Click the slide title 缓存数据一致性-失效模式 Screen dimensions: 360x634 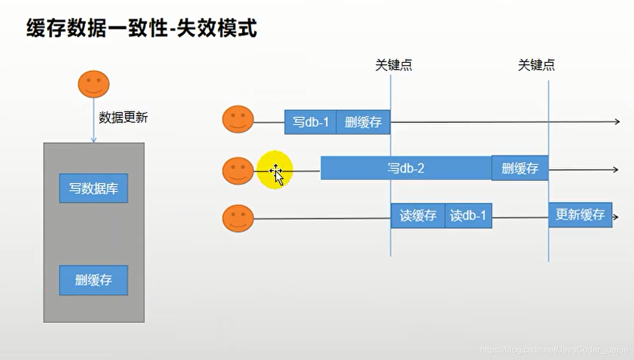pos(141,29)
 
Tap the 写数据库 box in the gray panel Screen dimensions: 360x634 pos(94,188)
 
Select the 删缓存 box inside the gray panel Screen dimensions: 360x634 pos(94,280)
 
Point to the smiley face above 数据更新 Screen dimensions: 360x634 pos(94,84)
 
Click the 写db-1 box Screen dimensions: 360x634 pos(310,122)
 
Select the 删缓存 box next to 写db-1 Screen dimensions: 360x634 pos(363,122)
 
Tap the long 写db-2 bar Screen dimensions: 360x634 pos(406,168)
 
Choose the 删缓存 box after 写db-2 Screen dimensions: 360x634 pos(519,168)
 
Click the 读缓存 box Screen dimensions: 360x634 pos(418,216)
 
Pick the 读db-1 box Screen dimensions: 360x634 pos(468,216)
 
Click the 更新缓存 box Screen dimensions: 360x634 pos(580,215)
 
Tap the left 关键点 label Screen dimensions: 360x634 pos(394,65)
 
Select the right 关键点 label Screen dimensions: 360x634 pos(536,65)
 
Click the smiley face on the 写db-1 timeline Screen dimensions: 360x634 pos(238,120)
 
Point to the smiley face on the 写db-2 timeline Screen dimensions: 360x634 pos(238,171)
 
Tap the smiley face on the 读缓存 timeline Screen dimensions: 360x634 pos(238,218)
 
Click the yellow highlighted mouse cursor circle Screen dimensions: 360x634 pos(275,170)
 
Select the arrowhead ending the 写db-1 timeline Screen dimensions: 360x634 pos(617,122)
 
